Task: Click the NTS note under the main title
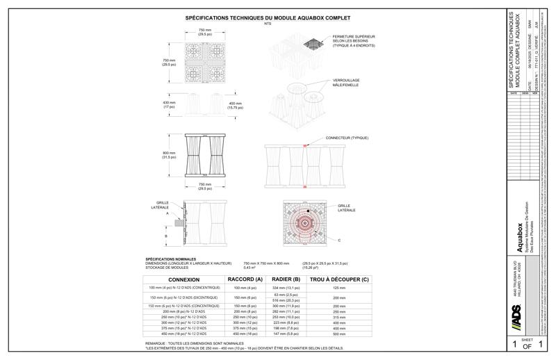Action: point(268,24)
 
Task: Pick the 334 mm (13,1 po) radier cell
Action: point(285,287)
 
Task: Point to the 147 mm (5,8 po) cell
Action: point(285,333)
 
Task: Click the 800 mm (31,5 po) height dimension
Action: point(169,155)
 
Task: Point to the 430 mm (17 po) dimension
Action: point(169,105)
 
